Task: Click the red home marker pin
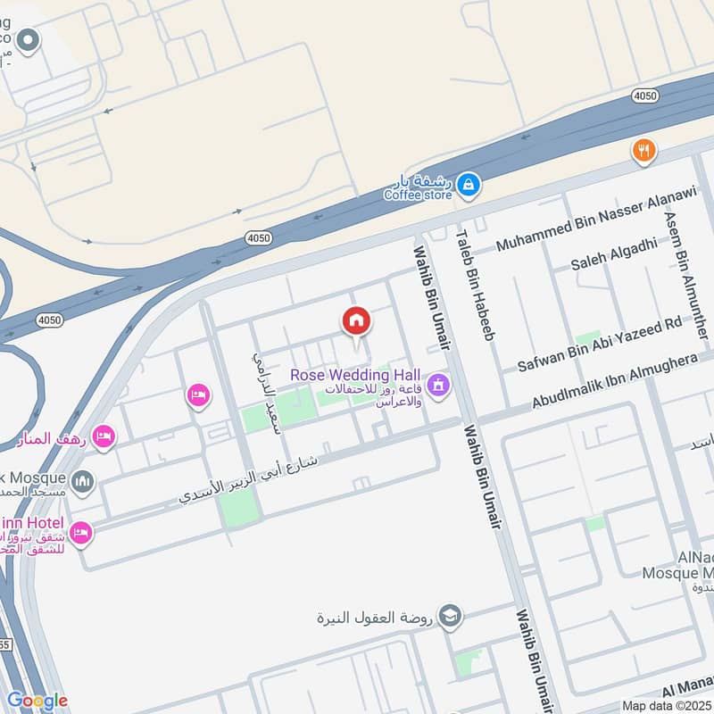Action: (x=356, y=320)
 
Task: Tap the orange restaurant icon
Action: (x=643, y=151)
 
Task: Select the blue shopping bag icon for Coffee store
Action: (x=469, y=187)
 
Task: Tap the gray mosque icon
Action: (x=82, y=483)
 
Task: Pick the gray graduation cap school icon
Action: (x=451, y=616)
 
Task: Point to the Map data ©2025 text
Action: (x=666, y=705)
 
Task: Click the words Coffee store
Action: (x=418, y=195)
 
